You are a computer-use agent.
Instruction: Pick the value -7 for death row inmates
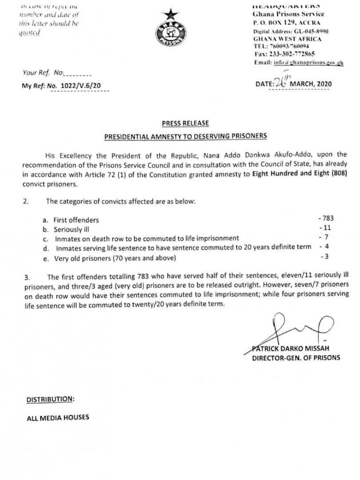(x=325, y=238)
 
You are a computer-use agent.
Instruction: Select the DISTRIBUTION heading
(x=50, y=399)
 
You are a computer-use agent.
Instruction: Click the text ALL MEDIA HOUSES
(x=58, y=417)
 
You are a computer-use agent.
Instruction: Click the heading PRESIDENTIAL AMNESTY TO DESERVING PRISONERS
(x=185, y=136)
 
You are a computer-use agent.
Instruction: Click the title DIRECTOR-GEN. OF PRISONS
(x=296, y=358)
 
